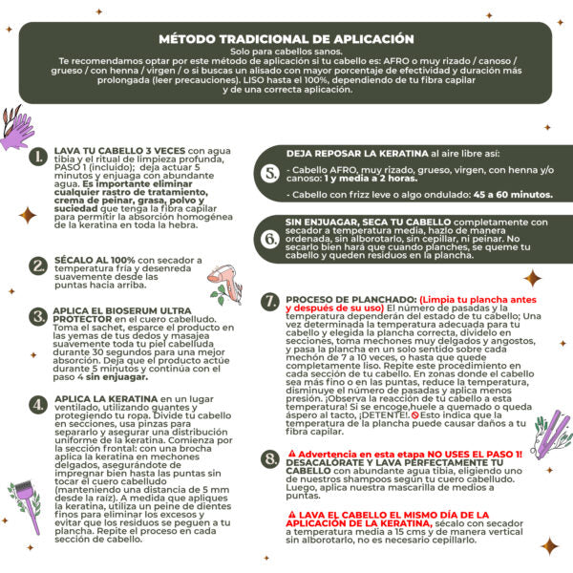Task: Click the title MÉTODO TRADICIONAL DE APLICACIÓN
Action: pos(286,39)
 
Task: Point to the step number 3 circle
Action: pos(39,317)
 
